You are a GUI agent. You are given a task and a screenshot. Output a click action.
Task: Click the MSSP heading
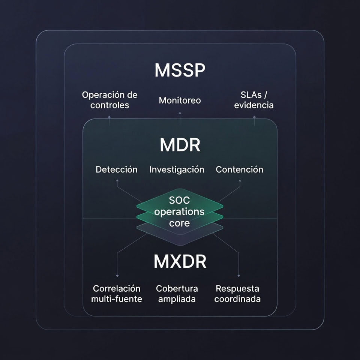pyautogui.click(x=180, y=70)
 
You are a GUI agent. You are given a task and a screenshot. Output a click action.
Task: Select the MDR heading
pyautogui.click(x=180, y=145)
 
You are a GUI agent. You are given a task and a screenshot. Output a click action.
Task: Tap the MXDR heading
pyautogui.click(x=180, y=262)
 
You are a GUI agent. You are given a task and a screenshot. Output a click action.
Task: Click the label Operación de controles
pyautogui.click(x=109, y=100)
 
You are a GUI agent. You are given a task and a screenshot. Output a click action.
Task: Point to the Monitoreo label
pyautogui.click(x=180, y=100)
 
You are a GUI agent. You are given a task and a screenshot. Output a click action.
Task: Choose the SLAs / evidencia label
pyautogui.click(x=254, y=100)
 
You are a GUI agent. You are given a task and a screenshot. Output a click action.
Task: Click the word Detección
pyautogui.click(x=117, y=169)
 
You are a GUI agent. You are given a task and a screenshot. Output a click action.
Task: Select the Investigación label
pyautogui.click(x=177, y=169)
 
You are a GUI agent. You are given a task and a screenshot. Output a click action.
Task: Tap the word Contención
pyautogui.click(x=239, y=169)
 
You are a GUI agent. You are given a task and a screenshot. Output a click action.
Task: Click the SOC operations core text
pyautogui.click(x=180, y=212)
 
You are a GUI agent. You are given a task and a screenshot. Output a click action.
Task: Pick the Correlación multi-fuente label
pyautogui.click(x=117, y=294)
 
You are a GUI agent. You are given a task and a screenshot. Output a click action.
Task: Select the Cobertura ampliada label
pyautogui.click(x=177, y=294)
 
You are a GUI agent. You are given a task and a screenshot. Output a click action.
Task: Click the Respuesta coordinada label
pyautogui.click(x=237, y=294)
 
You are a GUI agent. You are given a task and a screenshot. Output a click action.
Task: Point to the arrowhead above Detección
pyautogui.click(x=117, y=180)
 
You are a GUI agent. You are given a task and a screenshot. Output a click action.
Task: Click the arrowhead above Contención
pyautogui.click(x=240, y=180)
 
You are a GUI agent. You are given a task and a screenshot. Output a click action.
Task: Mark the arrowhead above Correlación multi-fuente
pyautogui.click(x=117, y=276)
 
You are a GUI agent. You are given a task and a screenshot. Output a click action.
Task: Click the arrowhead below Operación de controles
pyautogui.click(x=109, y=117)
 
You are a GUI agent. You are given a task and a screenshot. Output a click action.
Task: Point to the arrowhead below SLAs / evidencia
pyautogui.click(x=254, y=117)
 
